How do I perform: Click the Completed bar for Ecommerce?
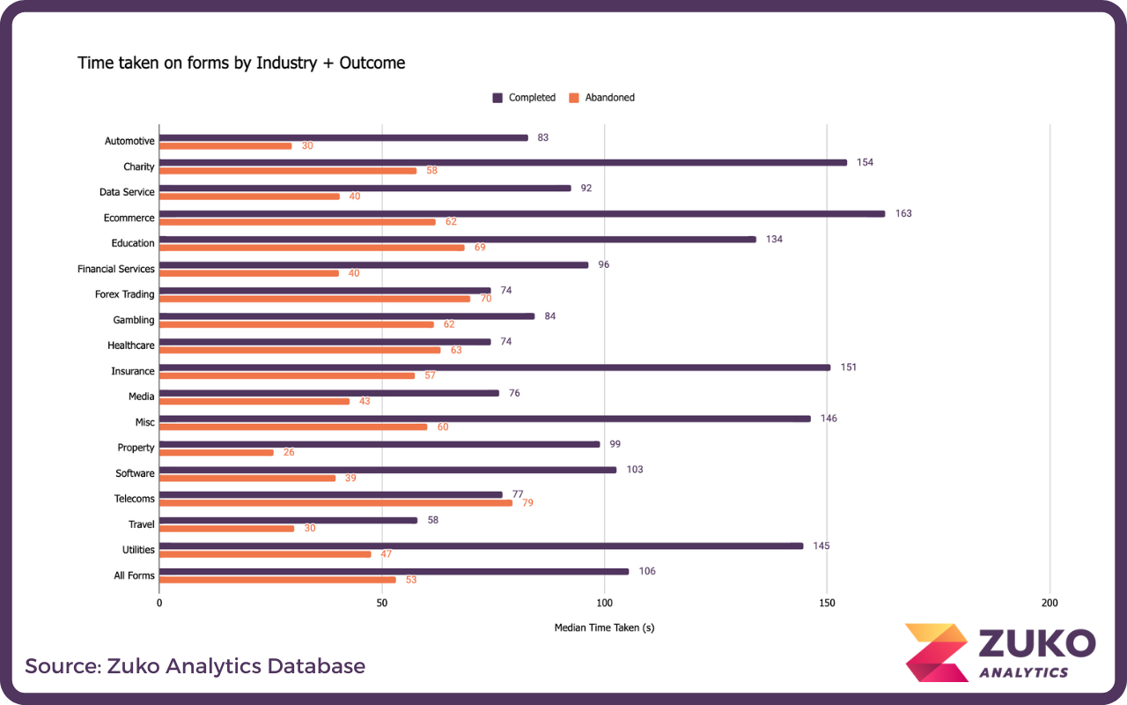click(521, 213)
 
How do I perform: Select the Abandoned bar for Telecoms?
click(335, 503)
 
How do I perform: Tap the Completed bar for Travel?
click(288, 520)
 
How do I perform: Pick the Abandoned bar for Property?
click(217, 452)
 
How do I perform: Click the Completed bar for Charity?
click(503, 162)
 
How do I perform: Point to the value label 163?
click(903, 213)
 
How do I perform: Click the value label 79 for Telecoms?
click(528, 503)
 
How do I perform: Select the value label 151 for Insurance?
click(848, 367)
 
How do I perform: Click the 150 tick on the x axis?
click(827, 604)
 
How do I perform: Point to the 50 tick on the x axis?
click(381, 604)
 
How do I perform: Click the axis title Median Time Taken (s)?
click(604, 628)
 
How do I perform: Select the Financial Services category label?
click(115, 269)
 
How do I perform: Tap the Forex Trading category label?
click(124, 294)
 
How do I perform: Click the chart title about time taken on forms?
click(241, 63)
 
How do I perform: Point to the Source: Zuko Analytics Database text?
click(195, 665)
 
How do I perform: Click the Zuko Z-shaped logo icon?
click(936, 653)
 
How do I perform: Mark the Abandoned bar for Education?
click(312, 248)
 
